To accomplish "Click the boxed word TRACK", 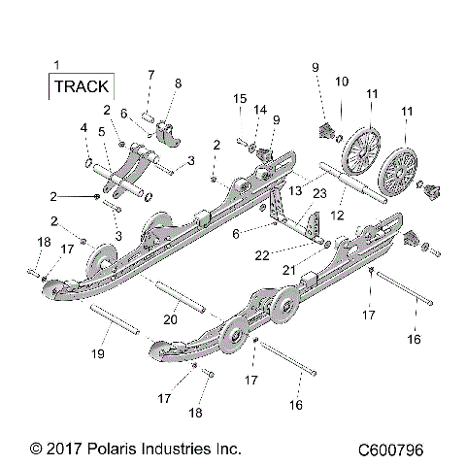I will pyautogui.click(x=82, y=86).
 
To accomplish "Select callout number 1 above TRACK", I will pyautogui.click(x=56, y=64).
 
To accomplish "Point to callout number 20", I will pyautogui.click(x=170, y=318).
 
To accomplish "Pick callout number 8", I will pyautogui.click(x=177, y=83).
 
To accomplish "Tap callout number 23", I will pyautogui.click(x=319, y=195).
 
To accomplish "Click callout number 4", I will pyautogui.click(x=83, y=128).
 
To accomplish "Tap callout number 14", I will pyautogui.click(x=257, y=111).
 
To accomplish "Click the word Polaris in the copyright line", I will pyautogui.click(x=106, y=449).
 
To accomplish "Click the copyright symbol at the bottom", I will pyautogui.click(x=36, y=449).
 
